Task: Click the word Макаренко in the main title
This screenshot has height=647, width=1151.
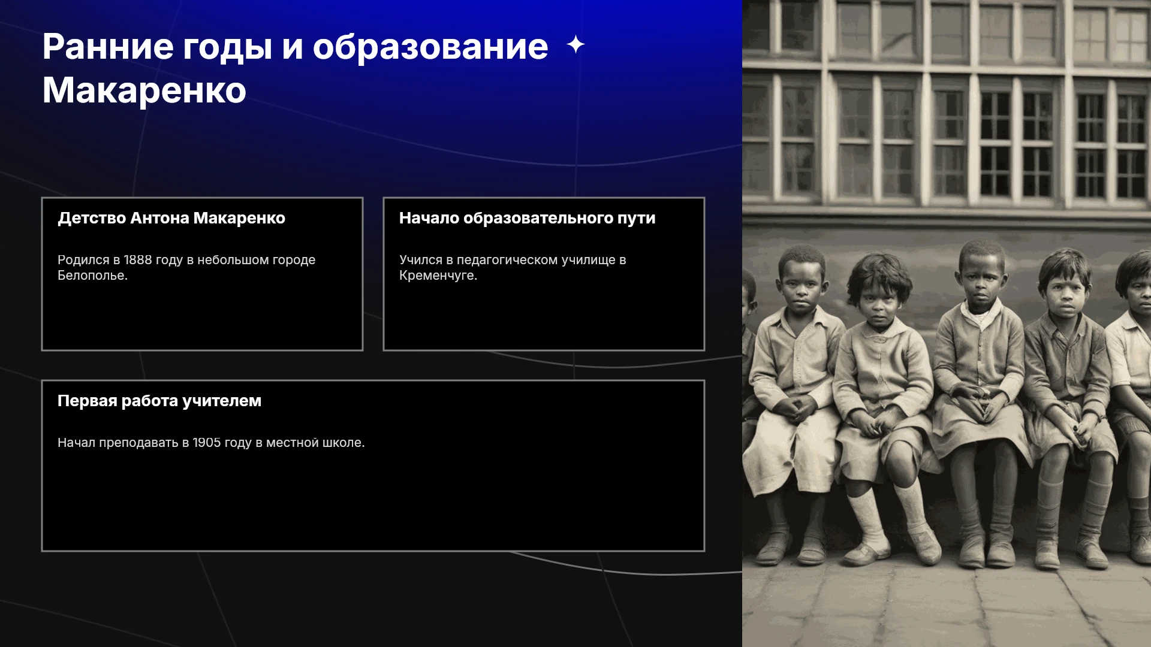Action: (x=144, y=90)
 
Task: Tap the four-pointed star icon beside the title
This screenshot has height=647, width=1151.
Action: (x=575, y=44)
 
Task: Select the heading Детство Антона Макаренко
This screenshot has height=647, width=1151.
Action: (x=171, y=218)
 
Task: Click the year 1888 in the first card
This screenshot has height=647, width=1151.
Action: (x=138, y=260)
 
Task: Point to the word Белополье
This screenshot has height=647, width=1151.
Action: (x=92, y=276)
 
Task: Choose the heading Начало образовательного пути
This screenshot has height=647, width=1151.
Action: (x=528, y=218)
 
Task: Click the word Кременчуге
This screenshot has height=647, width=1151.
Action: (x=438, y=276)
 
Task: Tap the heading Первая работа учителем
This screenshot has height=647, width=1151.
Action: (x=159, y=401)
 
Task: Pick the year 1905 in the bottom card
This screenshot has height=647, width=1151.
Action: (x=207, y=443)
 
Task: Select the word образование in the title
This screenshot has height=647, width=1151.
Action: (x=430, y=47)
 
